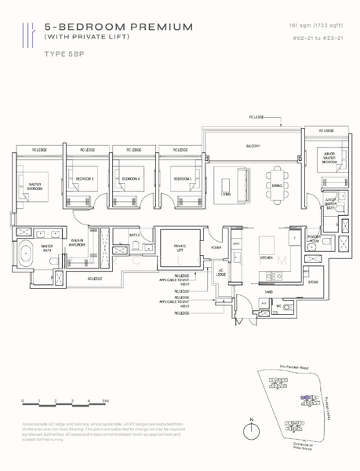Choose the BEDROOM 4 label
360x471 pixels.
(130, 179)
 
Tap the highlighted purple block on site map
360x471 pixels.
(307, 398)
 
